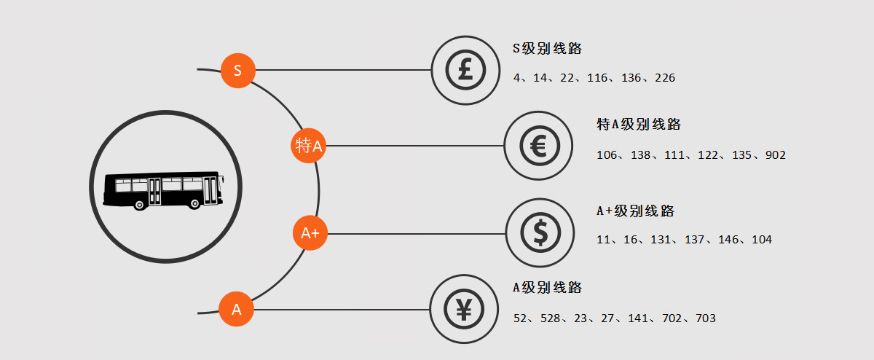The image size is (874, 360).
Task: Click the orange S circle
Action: tap(238, 71)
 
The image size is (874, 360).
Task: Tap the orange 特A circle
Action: tap(308, 146)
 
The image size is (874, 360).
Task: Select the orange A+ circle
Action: tap(310, 232)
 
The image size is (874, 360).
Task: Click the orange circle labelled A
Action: tap(237, 309)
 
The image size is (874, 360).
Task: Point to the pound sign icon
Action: tap(465, 70)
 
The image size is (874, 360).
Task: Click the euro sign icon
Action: tap(540, 146)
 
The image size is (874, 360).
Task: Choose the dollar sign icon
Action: tap(540, 232)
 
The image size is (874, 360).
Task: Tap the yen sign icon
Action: tap(464, 309)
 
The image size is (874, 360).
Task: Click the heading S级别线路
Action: tap(547, 48)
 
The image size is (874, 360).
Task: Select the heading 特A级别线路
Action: tap(639, 124)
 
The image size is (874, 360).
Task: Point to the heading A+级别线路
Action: tap(635, 211)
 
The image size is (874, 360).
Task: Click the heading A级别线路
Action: tap(547, 287)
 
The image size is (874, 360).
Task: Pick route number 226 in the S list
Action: tap(665, 78)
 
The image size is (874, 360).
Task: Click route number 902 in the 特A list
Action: tap(775, 155)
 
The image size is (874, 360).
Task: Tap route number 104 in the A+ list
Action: tap(762, 239)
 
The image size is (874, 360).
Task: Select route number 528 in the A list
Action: tap(550, 318)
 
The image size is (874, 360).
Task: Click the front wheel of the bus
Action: tap(194, 203)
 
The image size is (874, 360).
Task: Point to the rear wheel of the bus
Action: tap(139, 205)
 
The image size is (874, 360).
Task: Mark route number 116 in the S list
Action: tap(597, 78)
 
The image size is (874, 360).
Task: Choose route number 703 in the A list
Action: tap(706, 318)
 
